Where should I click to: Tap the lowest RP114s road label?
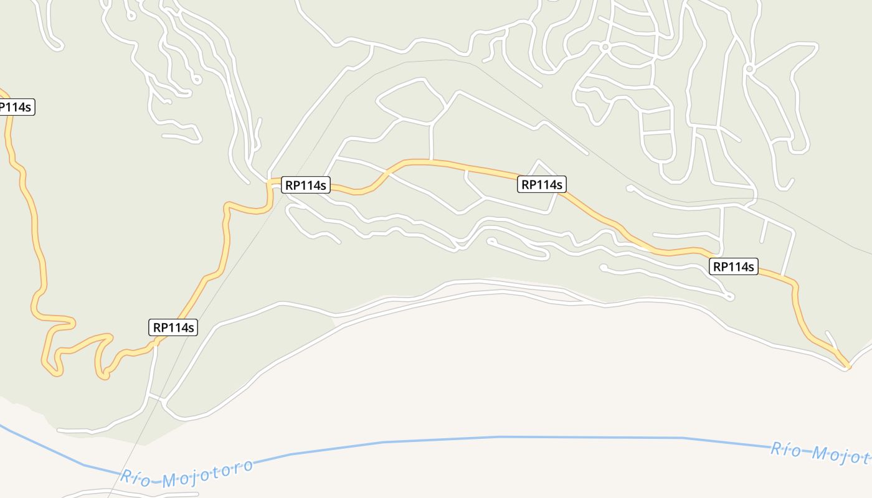click(x=174, y=327)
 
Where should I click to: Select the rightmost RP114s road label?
click(x=733, y=267)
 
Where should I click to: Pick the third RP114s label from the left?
click(x=305, y=185)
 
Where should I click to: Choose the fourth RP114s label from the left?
click(x=541, y=184)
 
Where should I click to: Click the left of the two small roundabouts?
click(x=604, y=47)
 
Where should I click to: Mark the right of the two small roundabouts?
click(x=750, y=68)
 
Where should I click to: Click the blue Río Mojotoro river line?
click(x=498, y=437)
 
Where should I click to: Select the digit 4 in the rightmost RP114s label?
click(x=744, y=267)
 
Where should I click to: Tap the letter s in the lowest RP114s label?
click(x=191, y=327)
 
